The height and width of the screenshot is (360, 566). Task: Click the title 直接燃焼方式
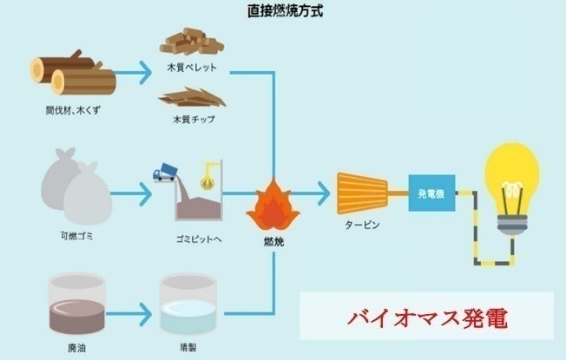282,12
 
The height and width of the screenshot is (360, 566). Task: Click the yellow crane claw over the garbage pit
209,179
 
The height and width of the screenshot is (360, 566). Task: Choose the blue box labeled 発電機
432,190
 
